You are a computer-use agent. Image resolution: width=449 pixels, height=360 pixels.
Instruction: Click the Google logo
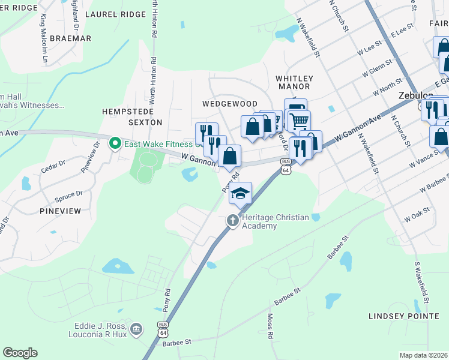pos(20,353)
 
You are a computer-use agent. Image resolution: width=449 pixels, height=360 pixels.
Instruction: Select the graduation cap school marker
pos(240,193)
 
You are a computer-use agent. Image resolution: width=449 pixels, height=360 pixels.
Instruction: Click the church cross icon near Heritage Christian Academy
pos(233,221)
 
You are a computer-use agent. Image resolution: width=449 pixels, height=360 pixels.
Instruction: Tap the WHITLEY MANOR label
pos(294,83)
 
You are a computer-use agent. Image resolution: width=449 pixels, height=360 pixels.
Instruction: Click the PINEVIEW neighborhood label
pos(60,212)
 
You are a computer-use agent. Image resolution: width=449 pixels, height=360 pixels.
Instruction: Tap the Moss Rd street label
pos(270,326)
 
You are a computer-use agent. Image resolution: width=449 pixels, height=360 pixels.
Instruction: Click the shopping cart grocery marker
pos(298,121)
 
